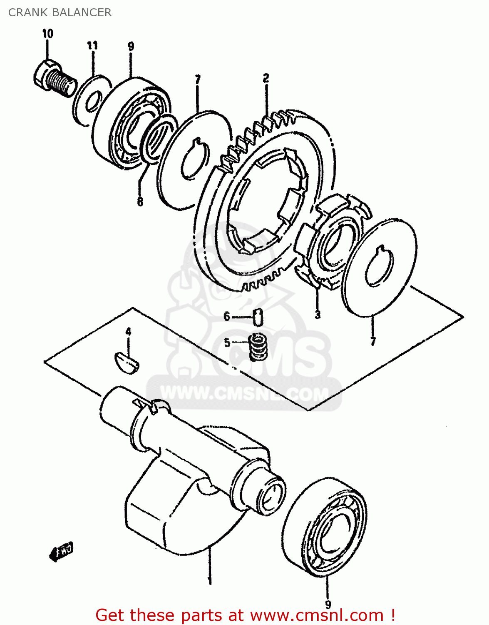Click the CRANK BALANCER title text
click(x=60, y=12)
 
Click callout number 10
click(x=47, y=33)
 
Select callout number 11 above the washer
click(x=92, y=45)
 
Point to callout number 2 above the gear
click(x=266, y=78)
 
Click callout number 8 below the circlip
click(x=140, y=201)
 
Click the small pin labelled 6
click(x=258, y=317)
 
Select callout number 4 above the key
click(x=128, y=332)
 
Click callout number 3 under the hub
click(x=318, y=314)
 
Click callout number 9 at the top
click(x=131, y=46)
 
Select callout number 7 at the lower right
click(x=373, y=342)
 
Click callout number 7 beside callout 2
click(x=198, y=79)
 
